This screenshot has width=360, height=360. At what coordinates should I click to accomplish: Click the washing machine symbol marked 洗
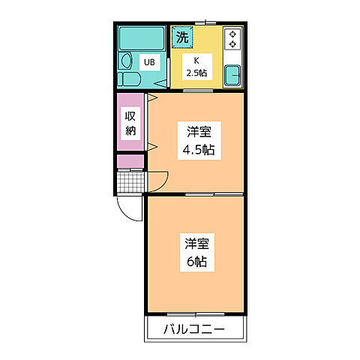pos(182,36)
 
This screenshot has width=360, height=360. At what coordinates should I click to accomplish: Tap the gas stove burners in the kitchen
pos(232,39)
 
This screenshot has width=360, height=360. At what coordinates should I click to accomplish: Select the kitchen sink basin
pos(232,75)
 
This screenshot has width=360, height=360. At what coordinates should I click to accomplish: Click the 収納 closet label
pos(130,123)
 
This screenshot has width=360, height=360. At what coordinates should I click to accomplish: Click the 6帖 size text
pos(197,262)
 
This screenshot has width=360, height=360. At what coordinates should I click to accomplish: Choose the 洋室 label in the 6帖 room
pos(197,243)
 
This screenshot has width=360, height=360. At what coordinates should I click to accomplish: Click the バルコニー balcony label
pos(194,328)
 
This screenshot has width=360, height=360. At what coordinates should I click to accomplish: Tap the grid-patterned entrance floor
pos(130,182)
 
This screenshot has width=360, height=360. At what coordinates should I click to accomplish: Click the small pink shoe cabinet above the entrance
pos(130,160)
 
